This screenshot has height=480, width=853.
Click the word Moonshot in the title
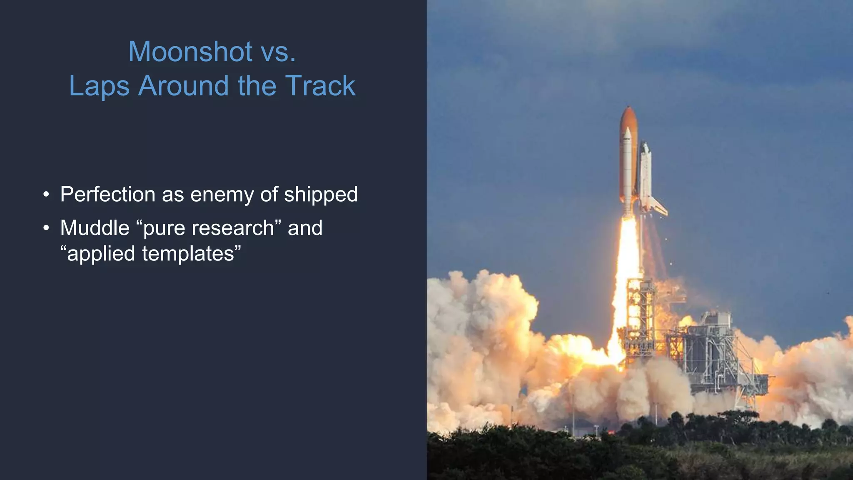click(x=190, y=52)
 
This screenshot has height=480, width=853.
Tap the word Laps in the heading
click(x=99, y=86)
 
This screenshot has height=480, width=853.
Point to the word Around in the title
click(x=184, y=86)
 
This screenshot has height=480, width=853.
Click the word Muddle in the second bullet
click(x=95, y=228)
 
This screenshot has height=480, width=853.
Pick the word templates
click(x=188, y=254)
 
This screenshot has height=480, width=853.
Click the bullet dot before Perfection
click(x=46, y=195)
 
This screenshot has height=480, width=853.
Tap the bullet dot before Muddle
click(x=46, y=228)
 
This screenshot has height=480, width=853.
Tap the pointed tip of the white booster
click(x=628, y=130)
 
